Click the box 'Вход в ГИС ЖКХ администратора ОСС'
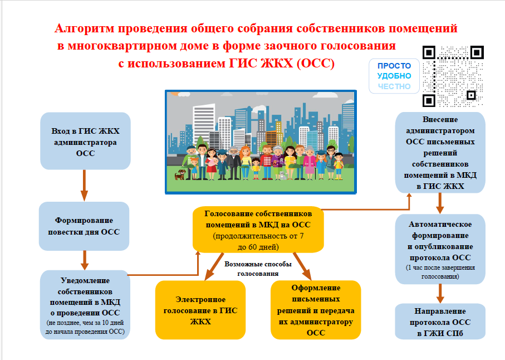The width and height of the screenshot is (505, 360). [x=85, y=141]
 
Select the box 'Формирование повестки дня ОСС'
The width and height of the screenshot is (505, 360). [x=84, y=226]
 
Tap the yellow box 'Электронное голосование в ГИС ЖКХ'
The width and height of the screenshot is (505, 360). [x=200, y=310]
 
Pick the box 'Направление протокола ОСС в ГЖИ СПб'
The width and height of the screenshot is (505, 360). [x=440, y=322]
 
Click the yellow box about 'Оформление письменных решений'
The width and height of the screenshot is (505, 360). [x=316, y=310]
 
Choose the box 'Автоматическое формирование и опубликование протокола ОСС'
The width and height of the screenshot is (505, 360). [x=440, y=249]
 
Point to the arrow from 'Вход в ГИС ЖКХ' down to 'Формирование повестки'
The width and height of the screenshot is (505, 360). [x=85, y=186]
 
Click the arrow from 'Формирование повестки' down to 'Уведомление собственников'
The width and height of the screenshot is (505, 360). [x=85, y=260]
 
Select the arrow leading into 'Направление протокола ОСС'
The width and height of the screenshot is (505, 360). [x=440, y=294]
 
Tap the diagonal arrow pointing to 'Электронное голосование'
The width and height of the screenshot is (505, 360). [x=214, y=266]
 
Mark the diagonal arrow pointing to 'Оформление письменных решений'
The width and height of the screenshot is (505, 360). [x=302, y=266]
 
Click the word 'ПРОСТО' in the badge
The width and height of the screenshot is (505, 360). [x=394, y=66]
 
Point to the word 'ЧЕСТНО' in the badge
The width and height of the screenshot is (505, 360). [x=394, y=86]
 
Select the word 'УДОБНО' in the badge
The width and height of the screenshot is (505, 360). [x=394, y=76]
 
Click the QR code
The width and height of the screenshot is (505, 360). [x=453, y=76]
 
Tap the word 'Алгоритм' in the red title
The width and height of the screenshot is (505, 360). [x=85, y=28]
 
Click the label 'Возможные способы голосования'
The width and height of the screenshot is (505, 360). [x=258, y=269]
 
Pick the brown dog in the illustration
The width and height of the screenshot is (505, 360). [x=180, y=174]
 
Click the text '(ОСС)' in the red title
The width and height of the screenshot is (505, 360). [x=316, y=63]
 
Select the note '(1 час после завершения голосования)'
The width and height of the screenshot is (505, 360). [x=440, y=272]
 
